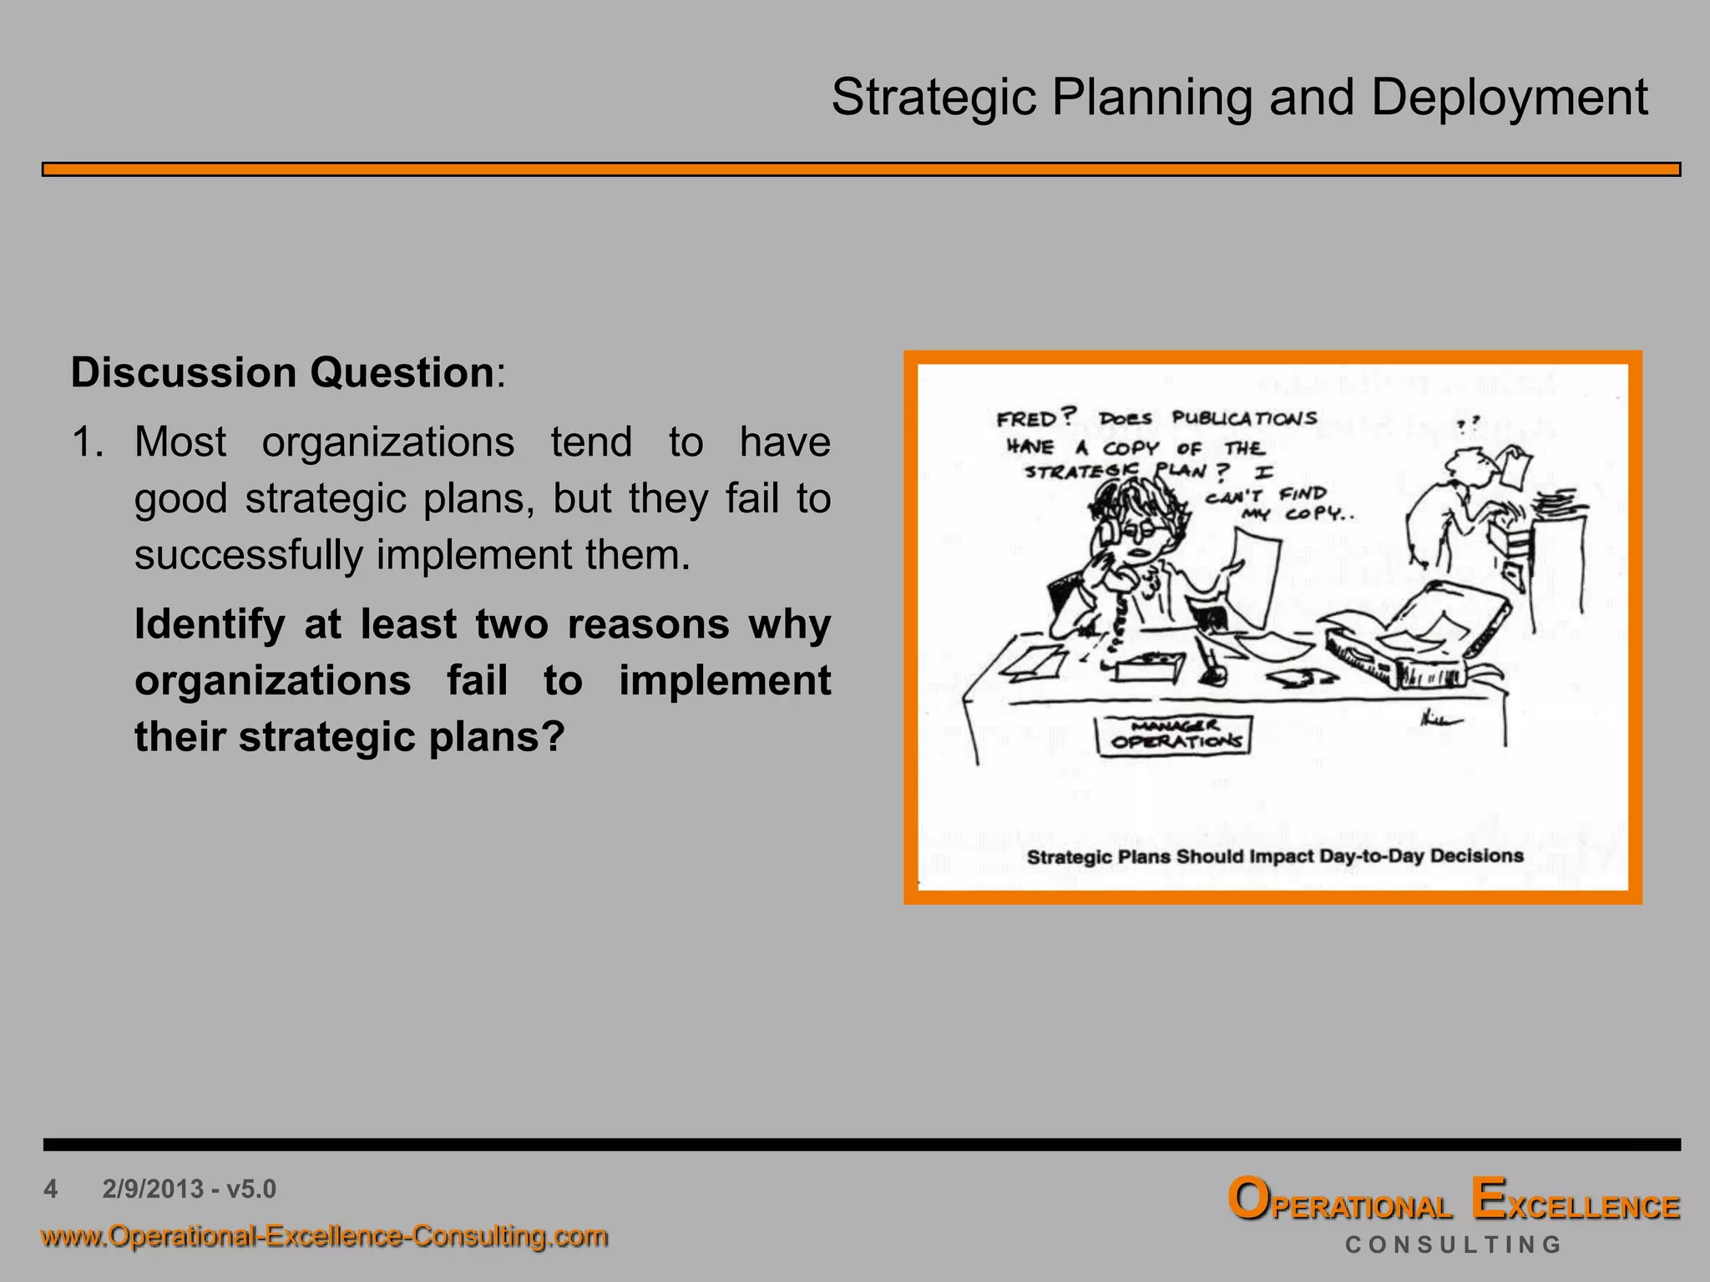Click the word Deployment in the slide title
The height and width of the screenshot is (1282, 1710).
tap(1509, 98)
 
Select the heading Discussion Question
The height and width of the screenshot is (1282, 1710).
tap(282, 372)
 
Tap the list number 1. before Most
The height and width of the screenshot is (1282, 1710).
tap(87, 442)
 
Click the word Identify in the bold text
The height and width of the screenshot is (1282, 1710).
tap(210, 624)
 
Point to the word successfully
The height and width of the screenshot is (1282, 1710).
tap(247, 555)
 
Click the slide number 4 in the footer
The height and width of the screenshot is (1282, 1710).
tap(51, 1189)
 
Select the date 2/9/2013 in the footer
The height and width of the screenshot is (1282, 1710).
tap(153, 1189)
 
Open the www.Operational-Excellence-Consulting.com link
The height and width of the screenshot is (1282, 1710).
tap(324, 1235)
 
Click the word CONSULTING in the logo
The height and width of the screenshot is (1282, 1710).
tap(1453, 1245)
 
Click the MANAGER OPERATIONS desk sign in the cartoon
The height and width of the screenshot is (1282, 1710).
tap(1173, 734)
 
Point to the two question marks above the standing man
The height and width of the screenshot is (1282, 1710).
tap(1468, 424)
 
